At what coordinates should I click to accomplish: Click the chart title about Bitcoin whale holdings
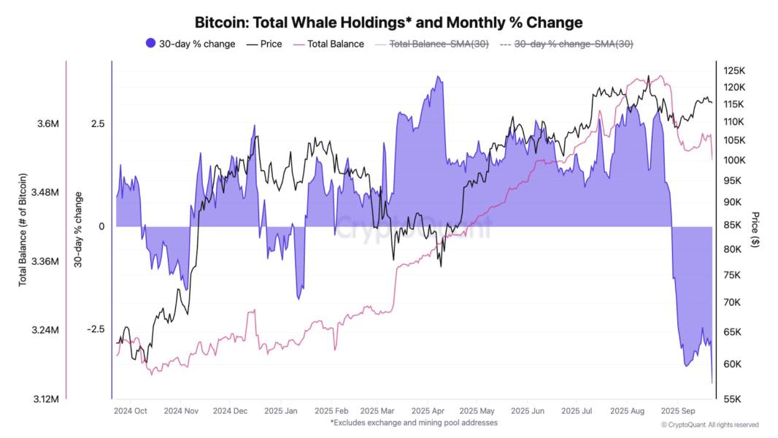tap(388, 23)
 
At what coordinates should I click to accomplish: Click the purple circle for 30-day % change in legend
tap(151, 44)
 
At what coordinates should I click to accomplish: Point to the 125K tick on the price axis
tap(733, 71)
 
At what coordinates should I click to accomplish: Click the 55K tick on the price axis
tap(733, 399)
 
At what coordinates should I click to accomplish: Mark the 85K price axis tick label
tap(733, 225)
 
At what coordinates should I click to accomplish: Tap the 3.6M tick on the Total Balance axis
tap(47, 124)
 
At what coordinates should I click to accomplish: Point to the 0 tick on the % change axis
tap(101, 226)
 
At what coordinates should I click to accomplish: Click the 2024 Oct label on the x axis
tap(131, 411)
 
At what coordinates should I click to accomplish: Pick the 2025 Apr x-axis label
tap(428, 411)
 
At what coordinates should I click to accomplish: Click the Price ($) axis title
tap(755, 230)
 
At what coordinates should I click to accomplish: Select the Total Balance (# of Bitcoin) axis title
tap(23, 230)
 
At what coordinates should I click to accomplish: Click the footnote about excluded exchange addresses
tap(414, 423)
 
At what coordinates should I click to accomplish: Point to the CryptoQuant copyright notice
tap(709, 425)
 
